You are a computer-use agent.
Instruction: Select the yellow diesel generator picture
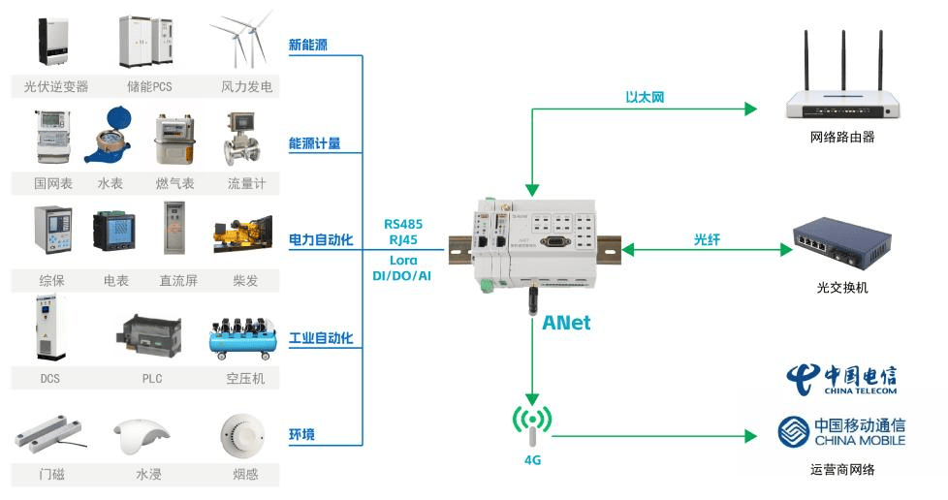coord(243,234)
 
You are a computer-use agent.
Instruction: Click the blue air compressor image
coord(243,335)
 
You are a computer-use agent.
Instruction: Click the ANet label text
coord(566,323)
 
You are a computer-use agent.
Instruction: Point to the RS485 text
coord(402,224)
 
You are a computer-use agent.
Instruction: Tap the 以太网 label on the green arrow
coord(645,97)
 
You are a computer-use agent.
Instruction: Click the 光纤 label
coord(708,238)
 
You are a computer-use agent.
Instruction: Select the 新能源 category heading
coord(308,45)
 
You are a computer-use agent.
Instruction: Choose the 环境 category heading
coord(301,433)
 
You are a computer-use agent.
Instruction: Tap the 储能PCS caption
coord(148,87)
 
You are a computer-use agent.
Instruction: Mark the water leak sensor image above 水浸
coord(142,435)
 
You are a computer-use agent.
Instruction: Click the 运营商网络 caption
coord(842,470)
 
